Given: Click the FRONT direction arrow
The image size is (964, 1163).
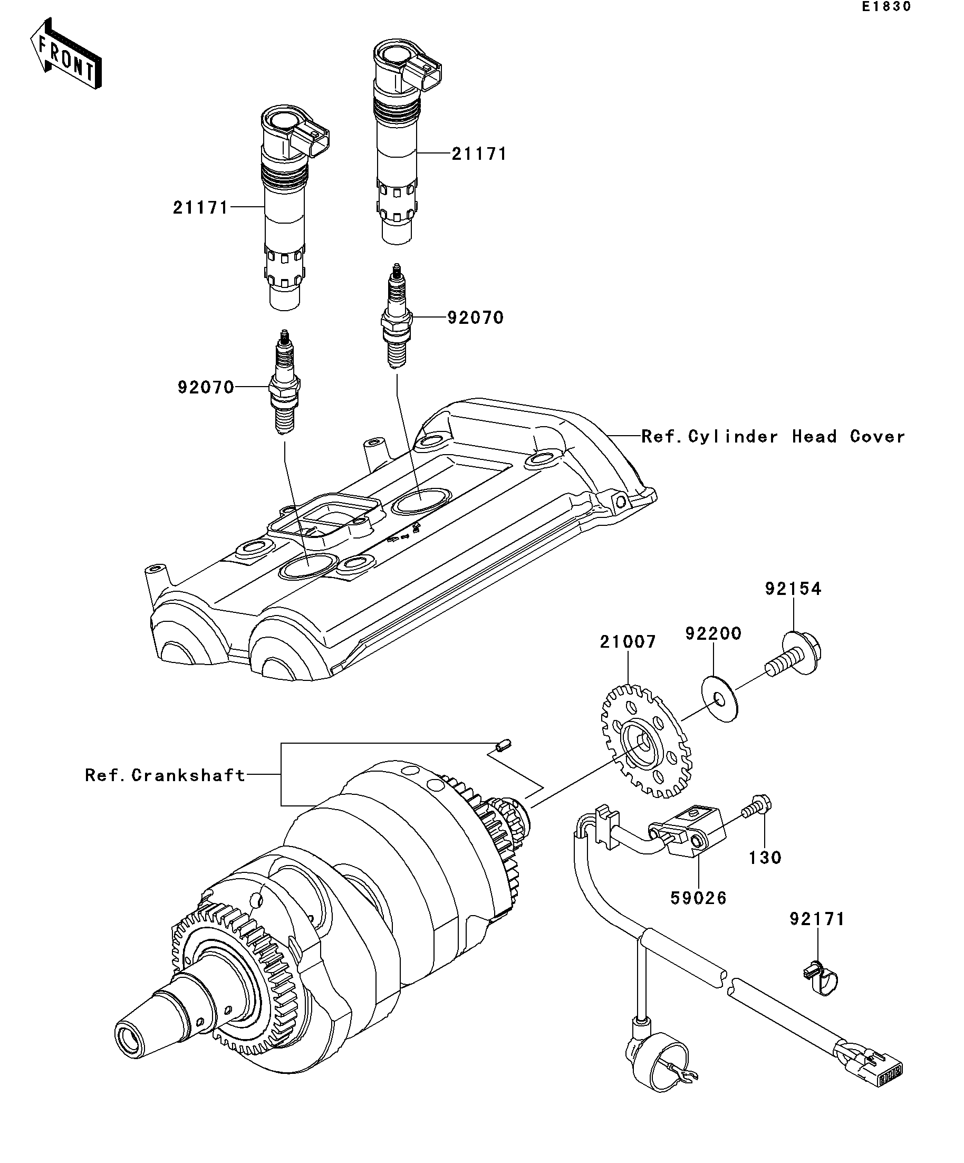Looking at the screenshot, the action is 66,53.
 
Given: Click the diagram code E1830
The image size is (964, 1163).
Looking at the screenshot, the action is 885,7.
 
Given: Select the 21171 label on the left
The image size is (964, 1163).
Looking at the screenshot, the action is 200,208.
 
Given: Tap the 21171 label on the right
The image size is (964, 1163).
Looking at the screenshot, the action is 479,154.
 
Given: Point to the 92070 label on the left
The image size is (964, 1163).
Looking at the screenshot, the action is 206,387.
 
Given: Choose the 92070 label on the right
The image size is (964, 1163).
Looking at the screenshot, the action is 476,318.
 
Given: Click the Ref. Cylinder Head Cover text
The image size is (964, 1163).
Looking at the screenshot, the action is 773,436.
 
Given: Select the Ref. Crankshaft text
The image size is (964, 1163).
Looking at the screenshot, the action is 165,775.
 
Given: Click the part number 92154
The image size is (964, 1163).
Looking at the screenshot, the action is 794,589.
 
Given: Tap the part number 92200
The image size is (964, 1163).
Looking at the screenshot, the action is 713,633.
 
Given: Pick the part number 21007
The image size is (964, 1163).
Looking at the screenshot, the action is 628,642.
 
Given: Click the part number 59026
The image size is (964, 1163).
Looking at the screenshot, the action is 698,898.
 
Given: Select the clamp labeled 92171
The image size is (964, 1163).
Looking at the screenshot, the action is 820,979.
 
